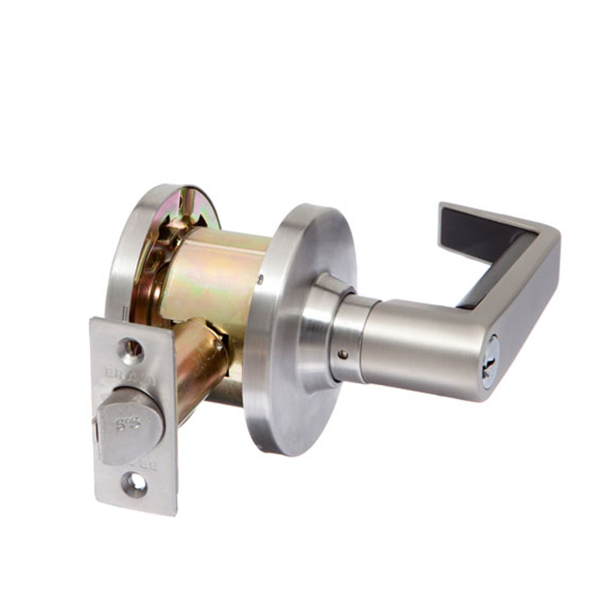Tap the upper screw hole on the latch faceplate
point(131,349)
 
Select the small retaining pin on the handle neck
point(343,355)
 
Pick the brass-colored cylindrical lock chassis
point(217,271)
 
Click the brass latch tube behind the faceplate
point(199,361)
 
